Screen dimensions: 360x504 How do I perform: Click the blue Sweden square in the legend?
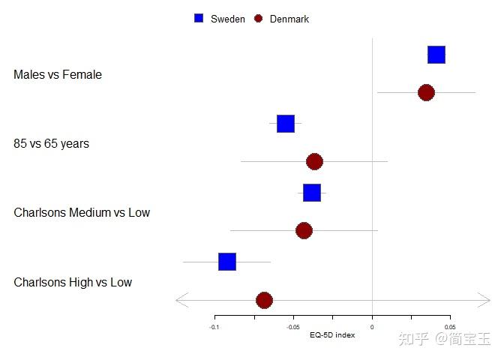[x=199, y=19]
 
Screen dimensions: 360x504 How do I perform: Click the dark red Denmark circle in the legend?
[x=258, y=19]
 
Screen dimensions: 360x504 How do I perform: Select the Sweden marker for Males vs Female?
[x=436, y=55]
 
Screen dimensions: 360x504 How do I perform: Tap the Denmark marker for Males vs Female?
[x=426, y=92]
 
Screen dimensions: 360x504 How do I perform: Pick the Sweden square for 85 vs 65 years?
[x=286, y=124]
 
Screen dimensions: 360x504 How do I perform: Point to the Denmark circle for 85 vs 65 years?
[x=314, y=161]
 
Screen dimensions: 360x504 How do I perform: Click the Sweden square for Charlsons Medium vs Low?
[x=312, y=193]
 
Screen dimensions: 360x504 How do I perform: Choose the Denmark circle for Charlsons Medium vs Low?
[x=304, y=230]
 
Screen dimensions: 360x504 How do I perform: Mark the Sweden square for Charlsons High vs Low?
[x=227, y=262]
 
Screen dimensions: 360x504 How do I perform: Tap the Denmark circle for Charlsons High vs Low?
[x=264, y=300]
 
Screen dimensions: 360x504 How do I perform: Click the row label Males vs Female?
[x=58, y=75]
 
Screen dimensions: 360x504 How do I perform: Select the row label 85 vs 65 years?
[x=51, y=143]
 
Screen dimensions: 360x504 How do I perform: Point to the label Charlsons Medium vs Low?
[x=82, y=213]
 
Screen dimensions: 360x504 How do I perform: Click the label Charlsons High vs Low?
[x=73, y=283]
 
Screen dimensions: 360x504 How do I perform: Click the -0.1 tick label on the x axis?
[x=214, y=327]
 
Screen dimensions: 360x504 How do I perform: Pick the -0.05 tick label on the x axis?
[x=293, y=327]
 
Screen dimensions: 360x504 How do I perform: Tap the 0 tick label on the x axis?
[x=372, y=327]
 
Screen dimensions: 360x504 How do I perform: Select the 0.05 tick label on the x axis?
[x=449, y=327]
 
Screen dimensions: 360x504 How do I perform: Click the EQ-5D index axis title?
[x=332, y=335]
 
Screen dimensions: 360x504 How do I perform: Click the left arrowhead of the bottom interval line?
[x=178, y=300]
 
